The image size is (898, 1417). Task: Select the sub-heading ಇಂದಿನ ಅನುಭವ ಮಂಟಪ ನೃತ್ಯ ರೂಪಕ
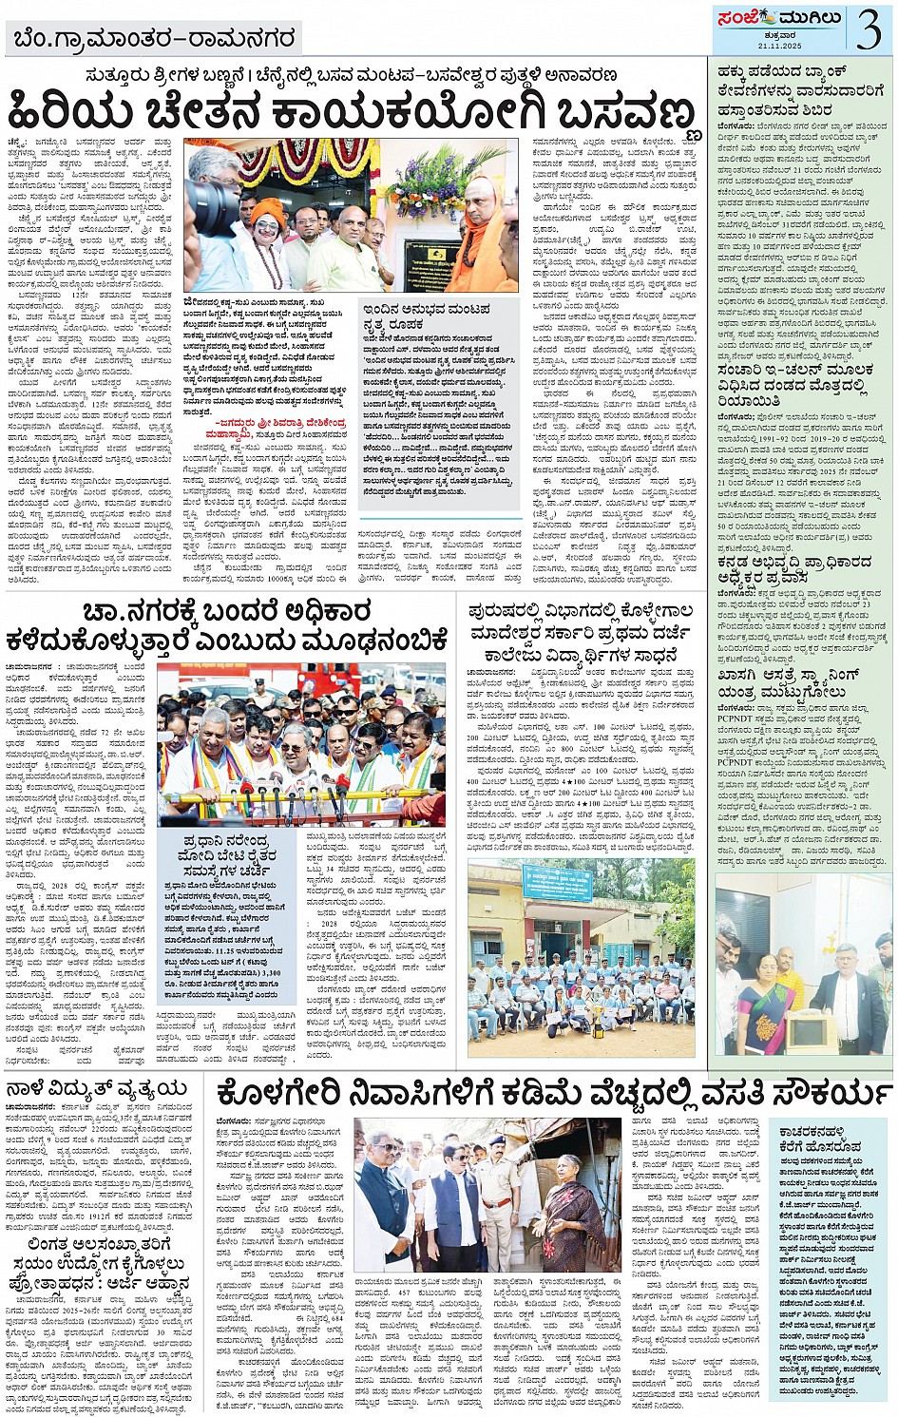point(427,316)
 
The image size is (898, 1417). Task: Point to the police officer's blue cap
point(496,1139)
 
